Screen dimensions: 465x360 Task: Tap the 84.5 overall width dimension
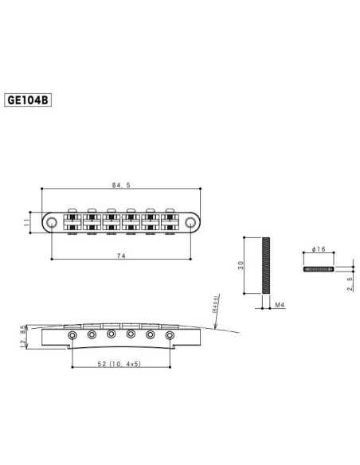121,186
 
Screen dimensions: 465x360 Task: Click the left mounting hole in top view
52,221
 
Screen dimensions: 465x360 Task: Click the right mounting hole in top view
190,221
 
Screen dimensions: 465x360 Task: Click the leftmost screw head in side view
72,335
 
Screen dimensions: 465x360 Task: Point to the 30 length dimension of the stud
241,265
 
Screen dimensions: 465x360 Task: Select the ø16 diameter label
319,250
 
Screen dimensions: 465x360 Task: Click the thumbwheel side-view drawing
319,268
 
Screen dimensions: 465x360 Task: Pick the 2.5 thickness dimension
349,283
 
